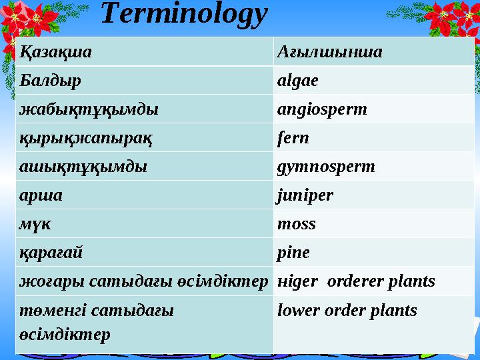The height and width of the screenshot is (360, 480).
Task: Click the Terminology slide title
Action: point(185,15)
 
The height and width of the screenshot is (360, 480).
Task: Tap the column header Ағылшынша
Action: point(329,51)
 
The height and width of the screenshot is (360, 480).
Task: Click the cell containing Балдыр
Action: point(51,81)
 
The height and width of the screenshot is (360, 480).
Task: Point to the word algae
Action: point(297,81)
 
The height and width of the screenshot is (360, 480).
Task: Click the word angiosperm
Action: point(322,109)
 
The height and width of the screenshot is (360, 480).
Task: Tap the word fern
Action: point(293,138)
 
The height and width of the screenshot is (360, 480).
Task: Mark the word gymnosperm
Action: point(326,167)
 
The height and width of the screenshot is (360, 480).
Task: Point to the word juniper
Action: point(305,196)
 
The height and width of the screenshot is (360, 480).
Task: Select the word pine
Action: point(293,253)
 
